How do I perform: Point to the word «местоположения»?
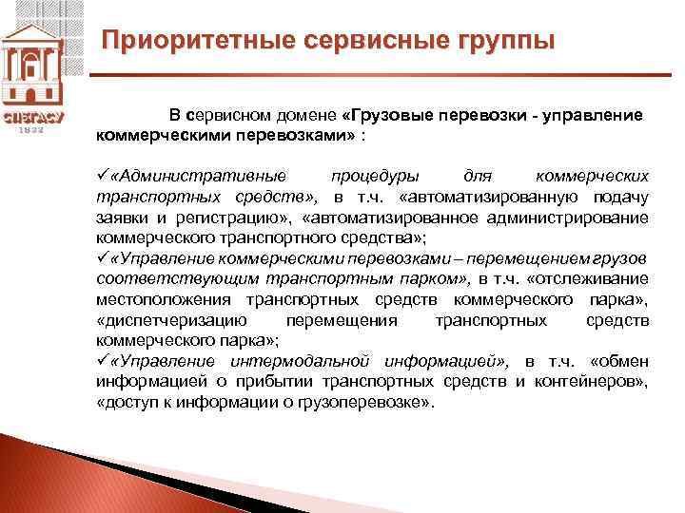154,299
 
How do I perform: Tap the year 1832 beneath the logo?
34,131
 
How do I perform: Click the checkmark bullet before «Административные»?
103,177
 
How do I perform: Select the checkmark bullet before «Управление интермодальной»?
103,362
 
